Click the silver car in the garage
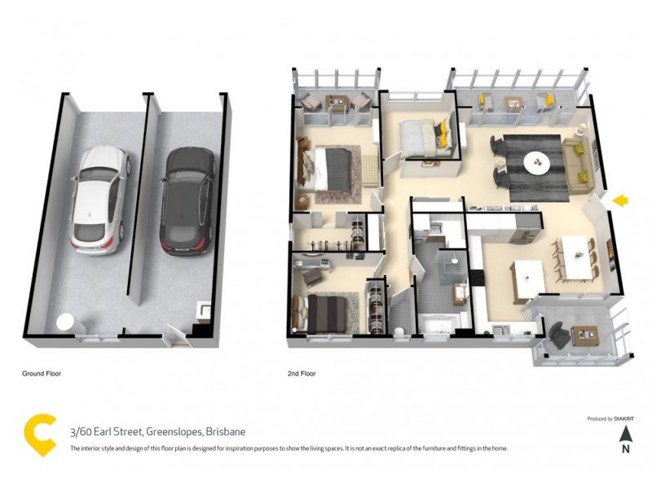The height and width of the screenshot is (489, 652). [99, 197]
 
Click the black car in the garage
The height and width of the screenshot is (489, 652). [187, 200]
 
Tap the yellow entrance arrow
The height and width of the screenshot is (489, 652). [621, 200]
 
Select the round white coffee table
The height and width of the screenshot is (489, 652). [538, 161]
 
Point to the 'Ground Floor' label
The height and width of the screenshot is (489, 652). [42, 373]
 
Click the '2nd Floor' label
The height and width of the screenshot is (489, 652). [301, 373]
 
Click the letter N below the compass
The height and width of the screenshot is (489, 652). [625, 447]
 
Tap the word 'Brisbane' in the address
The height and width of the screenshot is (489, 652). [226, 431]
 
